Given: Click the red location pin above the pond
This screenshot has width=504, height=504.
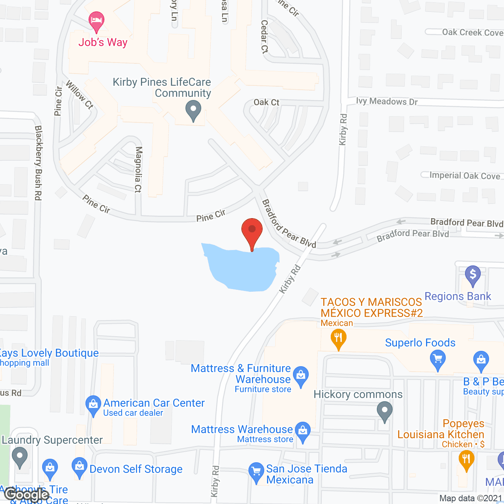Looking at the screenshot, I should coord(252,231).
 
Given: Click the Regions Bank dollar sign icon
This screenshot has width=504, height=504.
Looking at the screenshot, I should coord(472,274).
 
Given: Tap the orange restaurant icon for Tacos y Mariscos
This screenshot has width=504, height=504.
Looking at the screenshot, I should coord(338,339).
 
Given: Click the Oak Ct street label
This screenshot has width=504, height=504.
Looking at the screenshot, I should coord(266,102).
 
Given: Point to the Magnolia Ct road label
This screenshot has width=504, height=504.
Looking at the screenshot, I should coord(138,169).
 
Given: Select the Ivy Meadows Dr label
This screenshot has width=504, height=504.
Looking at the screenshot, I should coord(387,102).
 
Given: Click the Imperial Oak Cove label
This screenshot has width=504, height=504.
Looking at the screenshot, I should coord(465,176).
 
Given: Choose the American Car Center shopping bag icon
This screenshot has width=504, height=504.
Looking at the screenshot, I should coord(93,405).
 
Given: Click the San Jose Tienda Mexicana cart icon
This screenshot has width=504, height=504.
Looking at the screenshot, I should coord(256,471).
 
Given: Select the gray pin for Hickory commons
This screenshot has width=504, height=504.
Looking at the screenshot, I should coord(385,411).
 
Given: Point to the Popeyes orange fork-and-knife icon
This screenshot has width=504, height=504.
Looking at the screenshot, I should coord(466,460).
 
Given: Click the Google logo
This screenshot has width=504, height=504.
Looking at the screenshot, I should coord(27,494).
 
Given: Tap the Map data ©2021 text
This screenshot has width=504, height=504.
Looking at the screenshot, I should coord(471,498).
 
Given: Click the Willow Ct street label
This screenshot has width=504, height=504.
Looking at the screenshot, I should coord(80,94).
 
